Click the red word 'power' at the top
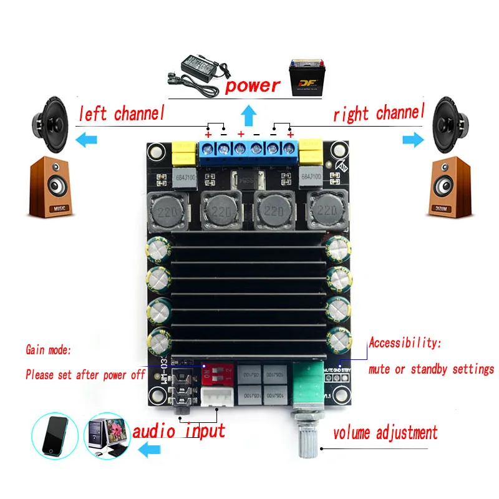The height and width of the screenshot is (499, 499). [253, 85]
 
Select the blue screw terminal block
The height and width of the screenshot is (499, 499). [248, 149]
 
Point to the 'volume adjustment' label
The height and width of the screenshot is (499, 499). [385, 432]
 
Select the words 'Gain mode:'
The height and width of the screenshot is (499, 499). [49, 351]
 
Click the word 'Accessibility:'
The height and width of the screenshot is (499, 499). [405, 342]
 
